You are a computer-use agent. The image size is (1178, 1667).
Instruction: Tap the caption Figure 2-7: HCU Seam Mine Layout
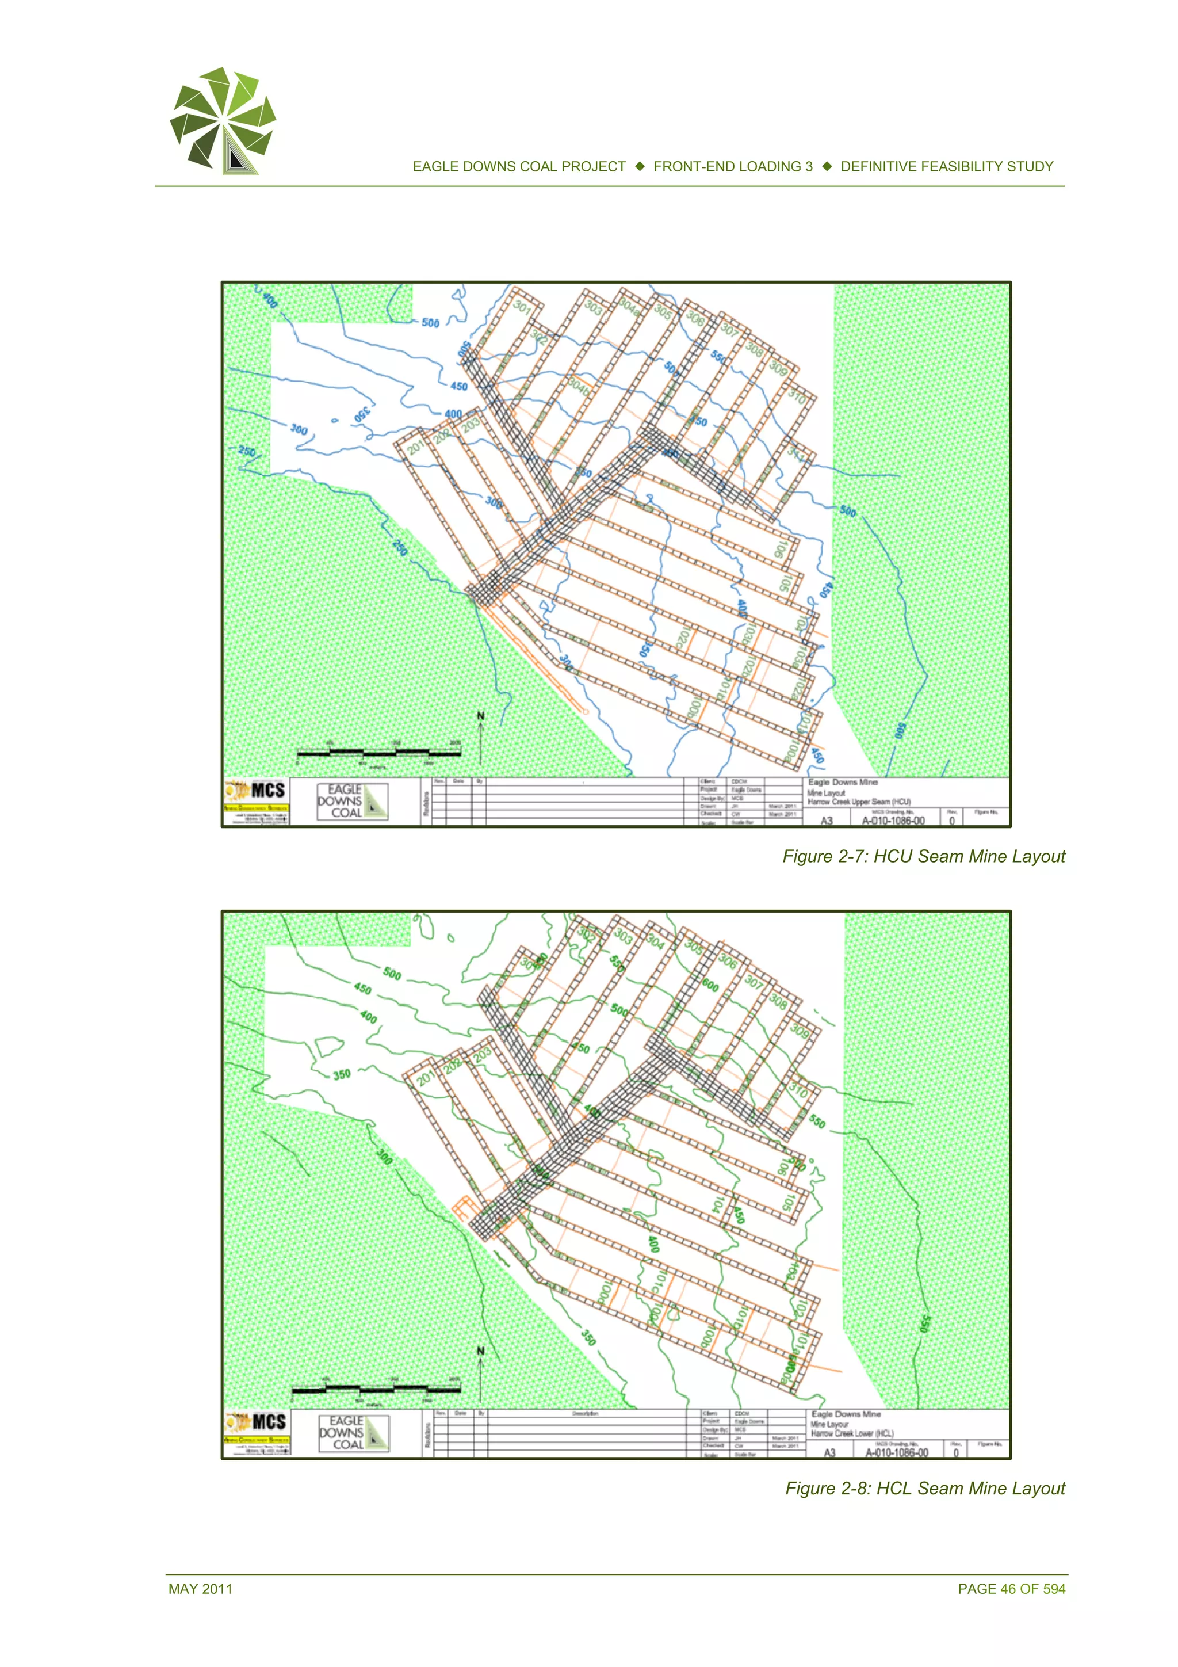(x=923, y=857)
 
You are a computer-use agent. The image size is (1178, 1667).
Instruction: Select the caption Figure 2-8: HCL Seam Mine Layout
(x=925, y=1489)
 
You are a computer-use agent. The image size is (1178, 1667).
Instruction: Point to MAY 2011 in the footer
(x=200, y=1589)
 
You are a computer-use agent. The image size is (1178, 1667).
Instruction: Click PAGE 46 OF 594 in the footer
(x=1011, y=1589)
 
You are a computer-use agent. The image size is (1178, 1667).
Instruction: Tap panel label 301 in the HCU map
(x=522, y=307)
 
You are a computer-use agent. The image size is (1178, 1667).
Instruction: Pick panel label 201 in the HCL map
(x=425, y=1078)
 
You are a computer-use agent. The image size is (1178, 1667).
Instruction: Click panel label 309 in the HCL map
(x=799, y=1030)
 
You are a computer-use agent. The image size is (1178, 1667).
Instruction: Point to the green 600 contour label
(x=710, y=985)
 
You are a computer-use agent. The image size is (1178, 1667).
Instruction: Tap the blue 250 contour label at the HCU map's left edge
(x=247, y=451)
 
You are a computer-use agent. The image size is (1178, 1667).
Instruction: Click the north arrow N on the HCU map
(x=480, y=716)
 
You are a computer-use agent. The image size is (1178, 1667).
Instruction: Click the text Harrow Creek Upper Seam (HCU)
(x=859, y=802)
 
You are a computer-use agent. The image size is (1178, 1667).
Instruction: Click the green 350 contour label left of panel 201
(x=341, y=1074)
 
